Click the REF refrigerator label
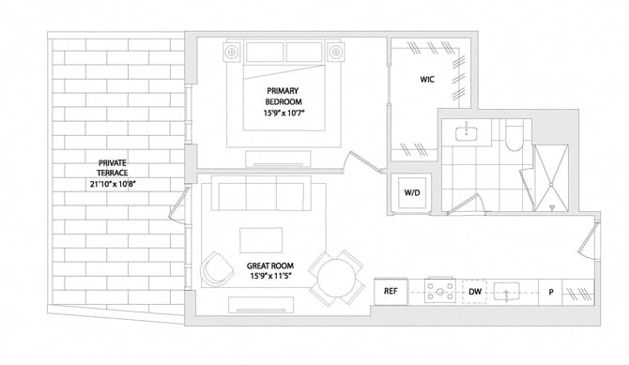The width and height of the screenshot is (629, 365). pos(391,291)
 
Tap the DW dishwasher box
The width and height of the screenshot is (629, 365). pos(474,292)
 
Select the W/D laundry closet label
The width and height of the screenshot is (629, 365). pos(412,192)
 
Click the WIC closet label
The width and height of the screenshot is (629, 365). pos(427,80)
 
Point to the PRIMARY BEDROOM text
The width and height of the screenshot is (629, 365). pos(283,97)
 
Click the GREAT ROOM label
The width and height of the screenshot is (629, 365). pos(270,266)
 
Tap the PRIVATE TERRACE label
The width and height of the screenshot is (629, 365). pos(113,168)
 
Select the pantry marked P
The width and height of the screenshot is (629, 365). pos(550,292)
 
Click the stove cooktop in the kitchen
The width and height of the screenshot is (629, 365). pos(440,290)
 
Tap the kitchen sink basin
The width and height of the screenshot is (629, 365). pos(506,291)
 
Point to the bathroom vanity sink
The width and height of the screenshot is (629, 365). pos(467,132)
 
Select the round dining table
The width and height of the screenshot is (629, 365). pos(337,278)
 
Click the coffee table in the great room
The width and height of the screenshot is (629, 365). pos(261,240)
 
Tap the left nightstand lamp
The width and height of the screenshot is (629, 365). pos(231,52)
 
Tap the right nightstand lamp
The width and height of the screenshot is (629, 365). pos(335,52)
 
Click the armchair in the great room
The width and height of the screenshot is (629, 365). pos(217,268)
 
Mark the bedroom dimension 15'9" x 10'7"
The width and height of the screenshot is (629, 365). pos(284,114)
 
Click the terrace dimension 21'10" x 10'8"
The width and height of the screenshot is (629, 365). pos(114,184)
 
